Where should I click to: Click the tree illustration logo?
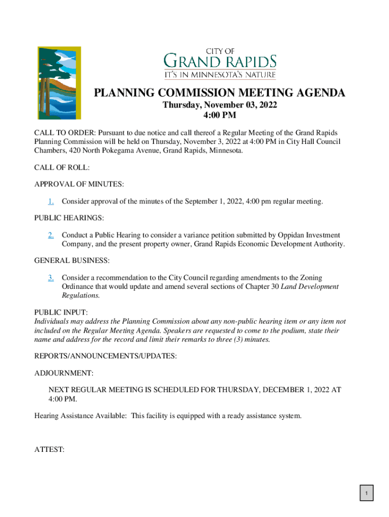59,83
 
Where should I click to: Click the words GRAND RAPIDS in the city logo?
220,62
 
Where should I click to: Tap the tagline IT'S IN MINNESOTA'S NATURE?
220,75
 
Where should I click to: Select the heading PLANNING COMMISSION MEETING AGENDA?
220,93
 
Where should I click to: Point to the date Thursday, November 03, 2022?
219,106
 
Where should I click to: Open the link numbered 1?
51,201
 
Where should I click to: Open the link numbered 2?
51,235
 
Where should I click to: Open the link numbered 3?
51,278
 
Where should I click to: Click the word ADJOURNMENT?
64,373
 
